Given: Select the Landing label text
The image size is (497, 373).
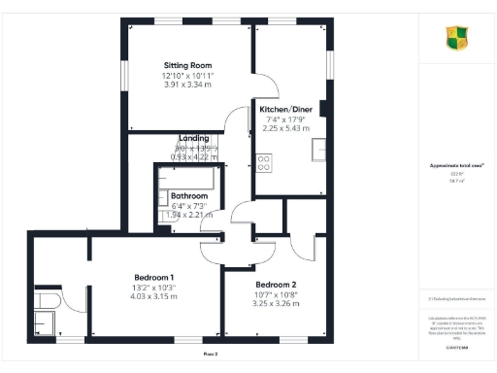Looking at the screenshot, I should pos(194,138).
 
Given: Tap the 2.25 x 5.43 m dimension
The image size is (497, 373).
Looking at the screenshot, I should pos(285,128).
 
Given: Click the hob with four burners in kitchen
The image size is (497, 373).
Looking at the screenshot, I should pos(263,161).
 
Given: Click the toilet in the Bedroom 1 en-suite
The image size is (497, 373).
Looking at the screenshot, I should pos(46,295).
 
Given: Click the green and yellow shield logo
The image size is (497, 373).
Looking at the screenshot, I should pos(456,38).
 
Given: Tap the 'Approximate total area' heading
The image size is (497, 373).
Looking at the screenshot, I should pos(455,166).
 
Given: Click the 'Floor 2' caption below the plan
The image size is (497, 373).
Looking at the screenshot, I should pos(211,355).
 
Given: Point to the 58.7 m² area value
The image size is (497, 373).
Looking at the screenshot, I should pos(454,181).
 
